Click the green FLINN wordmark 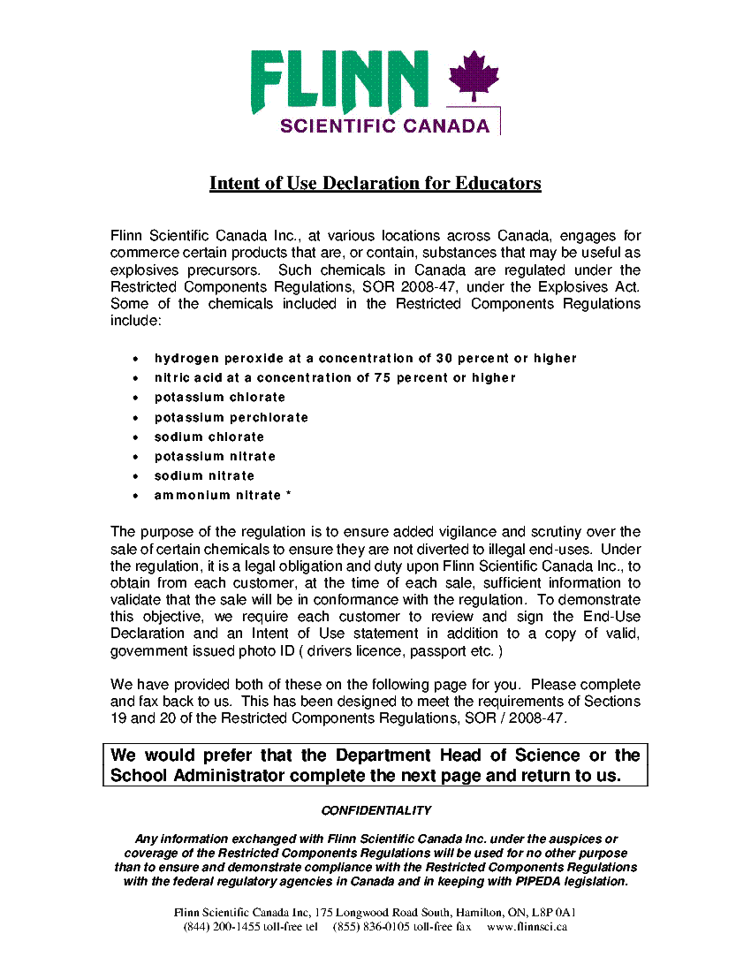339,81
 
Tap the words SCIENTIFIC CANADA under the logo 384,125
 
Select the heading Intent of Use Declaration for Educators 375,184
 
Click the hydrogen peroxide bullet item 365,359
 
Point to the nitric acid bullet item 334,378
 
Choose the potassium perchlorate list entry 231,417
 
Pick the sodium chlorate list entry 209,437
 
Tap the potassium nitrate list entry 215,456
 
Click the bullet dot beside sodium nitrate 134,476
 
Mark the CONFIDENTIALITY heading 375,810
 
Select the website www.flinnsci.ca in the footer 527,927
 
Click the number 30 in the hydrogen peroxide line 444,359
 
